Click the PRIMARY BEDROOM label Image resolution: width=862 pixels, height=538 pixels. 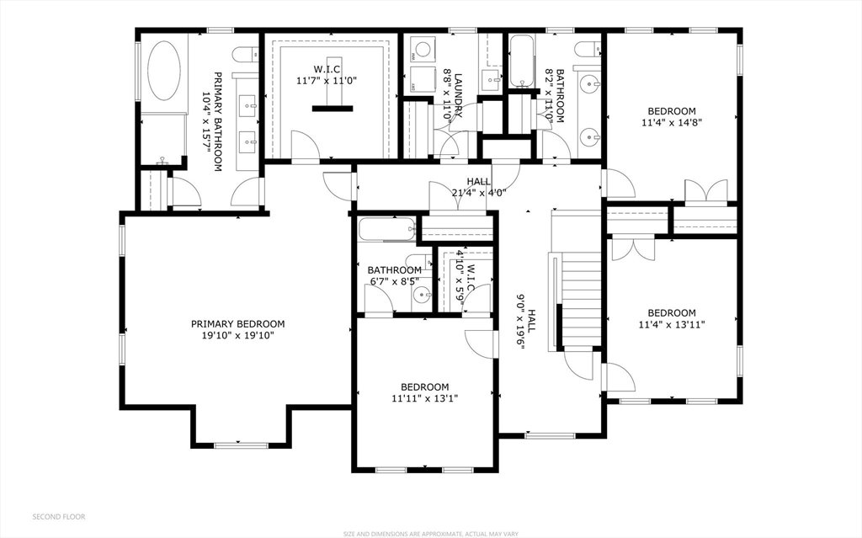click(237, 324)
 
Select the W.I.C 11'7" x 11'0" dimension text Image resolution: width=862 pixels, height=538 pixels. click(327, 80)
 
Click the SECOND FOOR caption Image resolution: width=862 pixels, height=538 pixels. click(59, 517)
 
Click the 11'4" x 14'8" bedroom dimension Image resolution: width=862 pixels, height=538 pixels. click(671, 122)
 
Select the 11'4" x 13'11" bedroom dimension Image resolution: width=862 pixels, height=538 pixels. click(671, 324)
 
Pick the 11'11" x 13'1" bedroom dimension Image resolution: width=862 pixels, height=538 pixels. click(424, 398)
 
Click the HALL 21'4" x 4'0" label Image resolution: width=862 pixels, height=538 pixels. click(478, 187)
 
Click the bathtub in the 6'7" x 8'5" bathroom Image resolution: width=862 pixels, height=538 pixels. click(387, 230)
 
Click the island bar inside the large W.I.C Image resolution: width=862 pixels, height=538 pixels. click(333, 109)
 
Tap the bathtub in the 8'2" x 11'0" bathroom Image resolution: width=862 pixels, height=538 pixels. click(522, 61)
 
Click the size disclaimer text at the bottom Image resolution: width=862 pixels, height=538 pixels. click(430, 534)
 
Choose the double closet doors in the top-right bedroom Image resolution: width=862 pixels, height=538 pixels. click(705, 190)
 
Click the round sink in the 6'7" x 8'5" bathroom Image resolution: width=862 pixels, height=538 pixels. click(422, 296)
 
